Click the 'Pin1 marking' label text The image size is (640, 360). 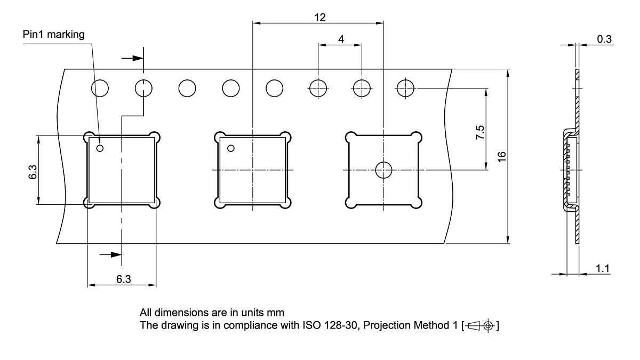[53, 35]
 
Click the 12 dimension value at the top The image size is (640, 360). [319, 17]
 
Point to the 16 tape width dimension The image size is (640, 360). [501, 156]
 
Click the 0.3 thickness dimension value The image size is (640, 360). [604, 38]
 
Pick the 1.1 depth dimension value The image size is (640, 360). [603, 268]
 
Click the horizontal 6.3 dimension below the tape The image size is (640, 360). [123, 279]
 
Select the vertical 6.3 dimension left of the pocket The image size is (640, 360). [33, 172]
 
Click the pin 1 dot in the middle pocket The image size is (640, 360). [231, 148]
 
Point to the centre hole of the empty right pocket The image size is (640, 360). [383, 170]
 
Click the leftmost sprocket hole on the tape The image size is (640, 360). [100, 87]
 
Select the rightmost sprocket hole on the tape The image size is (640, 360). [405, 87]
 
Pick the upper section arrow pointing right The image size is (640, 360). [133, 59]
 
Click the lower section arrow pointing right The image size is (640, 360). [111, 254]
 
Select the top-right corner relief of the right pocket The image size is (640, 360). [419, 137]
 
